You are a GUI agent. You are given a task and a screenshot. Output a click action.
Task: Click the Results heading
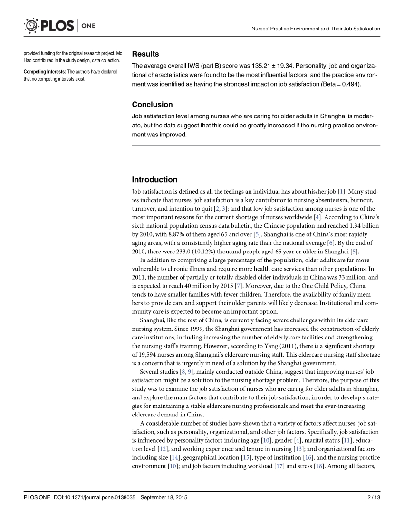point(145,54)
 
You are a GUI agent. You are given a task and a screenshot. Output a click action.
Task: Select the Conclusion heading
point(152,105)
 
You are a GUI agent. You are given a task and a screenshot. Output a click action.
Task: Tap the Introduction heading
point(154,180)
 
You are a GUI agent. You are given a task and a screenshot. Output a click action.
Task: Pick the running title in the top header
point(315,29)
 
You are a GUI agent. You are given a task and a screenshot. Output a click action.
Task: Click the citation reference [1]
point(341,192)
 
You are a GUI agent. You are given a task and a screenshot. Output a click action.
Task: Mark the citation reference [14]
point(174,457)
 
